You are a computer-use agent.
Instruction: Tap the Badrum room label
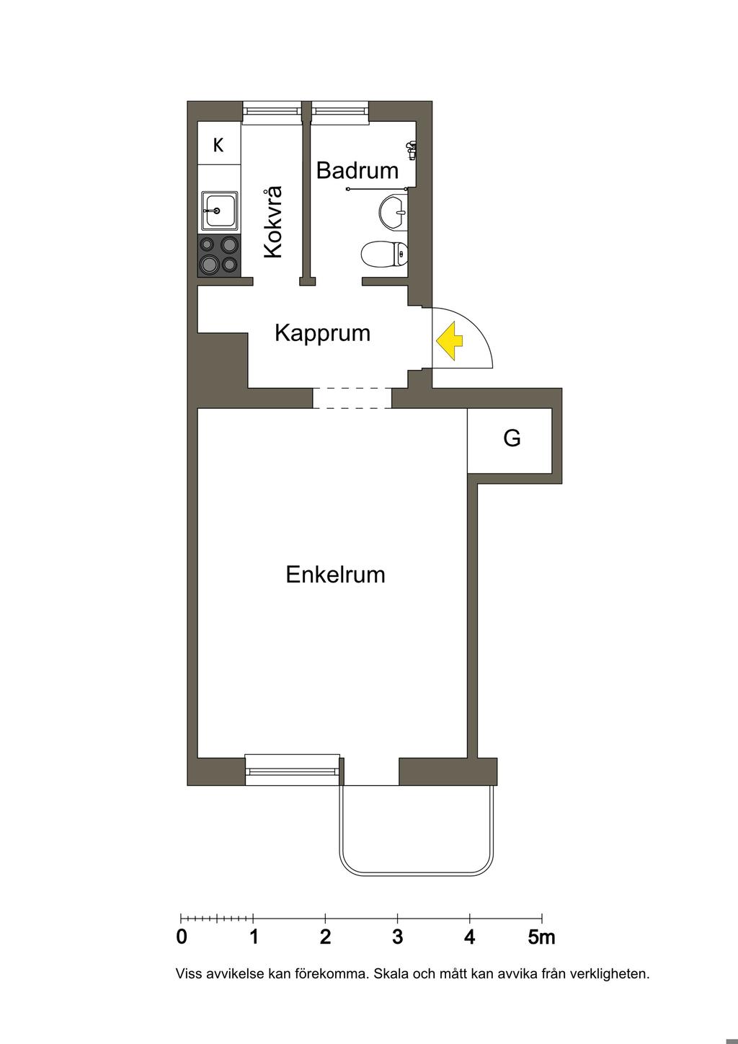point(357,171)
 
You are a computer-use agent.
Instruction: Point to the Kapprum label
point(322,333)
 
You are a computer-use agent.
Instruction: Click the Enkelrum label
point(335,575)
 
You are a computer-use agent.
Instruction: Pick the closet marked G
point(511,439)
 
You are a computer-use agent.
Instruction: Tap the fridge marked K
point(218,145)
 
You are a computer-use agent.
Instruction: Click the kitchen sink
point(218,211)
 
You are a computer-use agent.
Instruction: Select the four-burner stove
point(219,256)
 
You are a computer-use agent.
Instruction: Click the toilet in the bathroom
point(383,255)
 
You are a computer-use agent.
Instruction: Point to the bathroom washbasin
point(394,211)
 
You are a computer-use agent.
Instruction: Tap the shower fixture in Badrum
point(411,150)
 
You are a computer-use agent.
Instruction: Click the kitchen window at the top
point(271,111)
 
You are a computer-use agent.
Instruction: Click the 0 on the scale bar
point(182,937)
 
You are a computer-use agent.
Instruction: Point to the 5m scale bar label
point(541,937)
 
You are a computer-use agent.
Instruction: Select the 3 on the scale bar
point(397,937)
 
